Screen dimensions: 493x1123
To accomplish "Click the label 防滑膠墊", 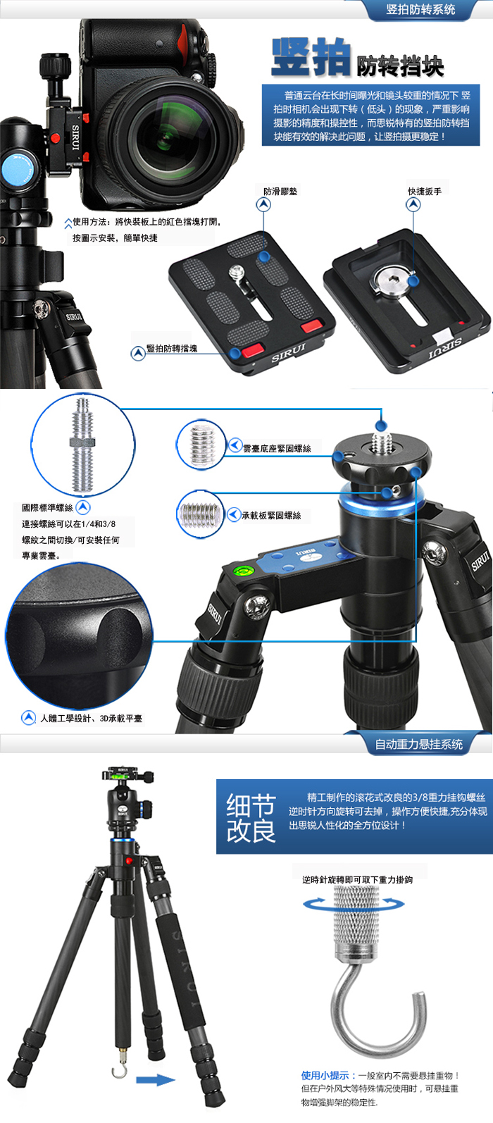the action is point(280,191).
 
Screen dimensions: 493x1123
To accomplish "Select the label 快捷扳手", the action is point(425,191).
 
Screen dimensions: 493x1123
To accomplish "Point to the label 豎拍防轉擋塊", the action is point(171,349).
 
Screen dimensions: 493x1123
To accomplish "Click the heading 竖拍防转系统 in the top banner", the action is point(420,10).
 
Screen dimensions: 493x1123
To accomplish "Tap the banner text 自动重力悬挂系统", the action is point(419,744).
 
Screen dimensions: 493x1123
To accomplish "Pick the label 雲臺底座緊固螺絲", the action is point(277,449).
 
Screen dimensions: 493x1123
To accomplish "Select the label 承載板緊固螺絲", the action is point(272,516).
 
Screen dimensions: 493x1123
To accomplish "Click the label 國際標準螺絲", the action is point(47,507).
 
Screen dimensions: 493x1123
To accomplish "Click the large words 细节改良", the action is point(251,818).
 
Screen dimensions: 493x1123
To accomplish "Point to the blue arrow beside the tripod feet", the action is point(156,1080).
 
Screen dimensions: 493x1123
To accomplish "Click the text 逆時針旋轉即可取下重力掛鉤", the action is point(357,879).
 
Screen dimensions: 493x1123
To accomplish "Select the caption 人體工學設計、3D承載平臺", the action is point(91,719).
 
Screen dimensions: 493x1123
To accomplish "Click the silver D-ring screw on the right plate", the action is point(393,280).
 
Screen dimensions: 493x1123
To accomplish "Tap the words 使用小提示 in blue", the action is point(325,1075).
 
